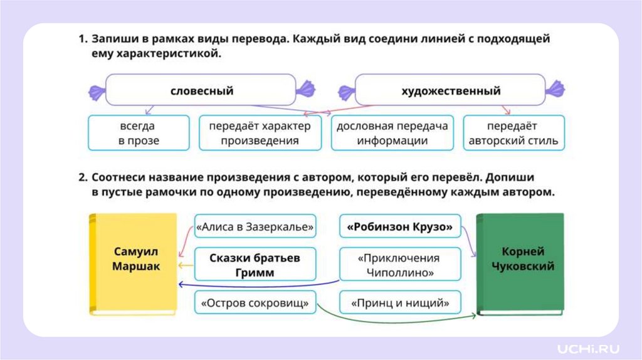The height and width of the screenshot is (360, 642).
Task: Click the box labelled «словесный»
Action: click(201, 90)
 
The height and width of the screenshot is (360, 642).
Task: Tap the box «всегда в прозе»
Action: click(139, 132)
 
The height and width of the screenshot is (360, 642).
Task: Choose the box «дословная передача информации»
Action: click(392, 132)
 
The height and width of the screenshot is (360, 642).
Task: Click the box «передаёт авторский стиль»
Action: click(513, 132)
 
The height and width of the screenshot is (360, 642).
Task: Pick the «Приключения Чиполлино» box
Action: click(400, 265)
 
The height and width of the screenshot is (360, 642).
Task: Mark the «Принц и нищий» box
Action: click(400, 304)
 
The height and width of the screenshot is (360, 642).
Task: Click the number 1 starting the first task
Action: click(82, 39)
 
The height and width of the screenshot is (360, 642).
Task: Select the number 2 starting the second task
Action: click(82, 177)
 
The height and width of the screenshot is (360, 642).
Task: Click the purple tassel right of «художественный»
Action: click(554, 92)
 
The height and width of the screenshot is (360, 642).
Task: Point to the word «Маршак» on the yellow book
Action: click(136, 267)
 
